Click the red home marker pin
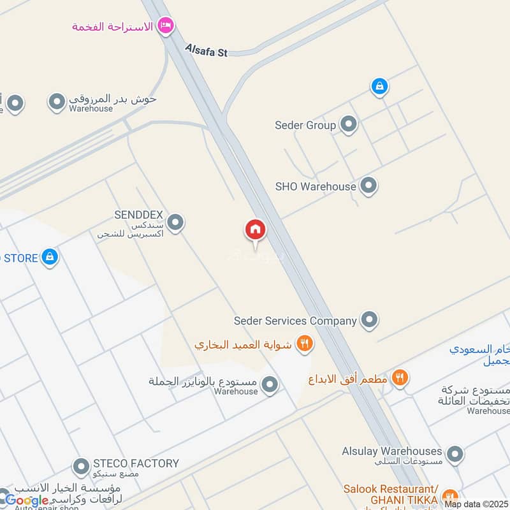(x=256, y=230)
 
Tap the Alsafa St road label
(x=206, y=50)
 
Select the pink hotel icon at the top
(x=166, y=25)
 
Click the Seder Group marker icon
(x=348, y=124)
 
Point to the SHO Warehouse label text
(x=315, y=186)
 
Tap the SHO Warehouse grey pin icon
(x=368, y=186)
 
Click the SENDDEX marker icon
(x=175, y=222)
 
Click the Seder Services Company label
(x=295, y=321)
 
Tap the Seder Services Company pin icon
(x=369, y=319)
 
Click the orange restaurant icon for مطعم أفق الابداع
(x=400, y=377)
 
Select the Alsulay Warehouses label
(x=392, y=451)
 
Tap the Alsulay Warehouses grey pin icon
(x=455, y=455)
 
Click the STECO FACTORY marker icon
(x=80, y=467)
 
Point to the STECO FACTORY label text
(x=136, y=463)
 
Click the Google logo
(x=27, y=500)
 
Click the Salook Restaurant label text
(x=390, y=489)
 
